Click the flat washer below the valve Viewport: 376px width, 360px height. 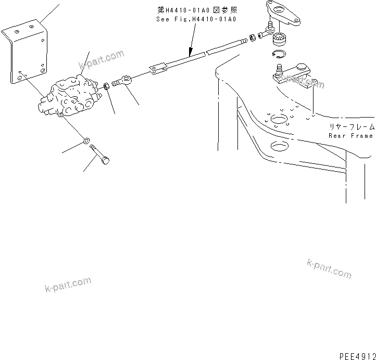pos(86,140)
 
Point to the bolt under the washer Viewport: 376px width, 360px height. pos(101,155)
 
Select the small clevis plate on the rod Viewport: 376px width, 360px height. pos(158,68)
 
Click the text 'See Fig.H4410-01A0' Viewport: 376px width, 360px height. pos(196,19)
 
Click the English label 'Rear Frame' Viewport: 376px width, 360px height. pos(350,136)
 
